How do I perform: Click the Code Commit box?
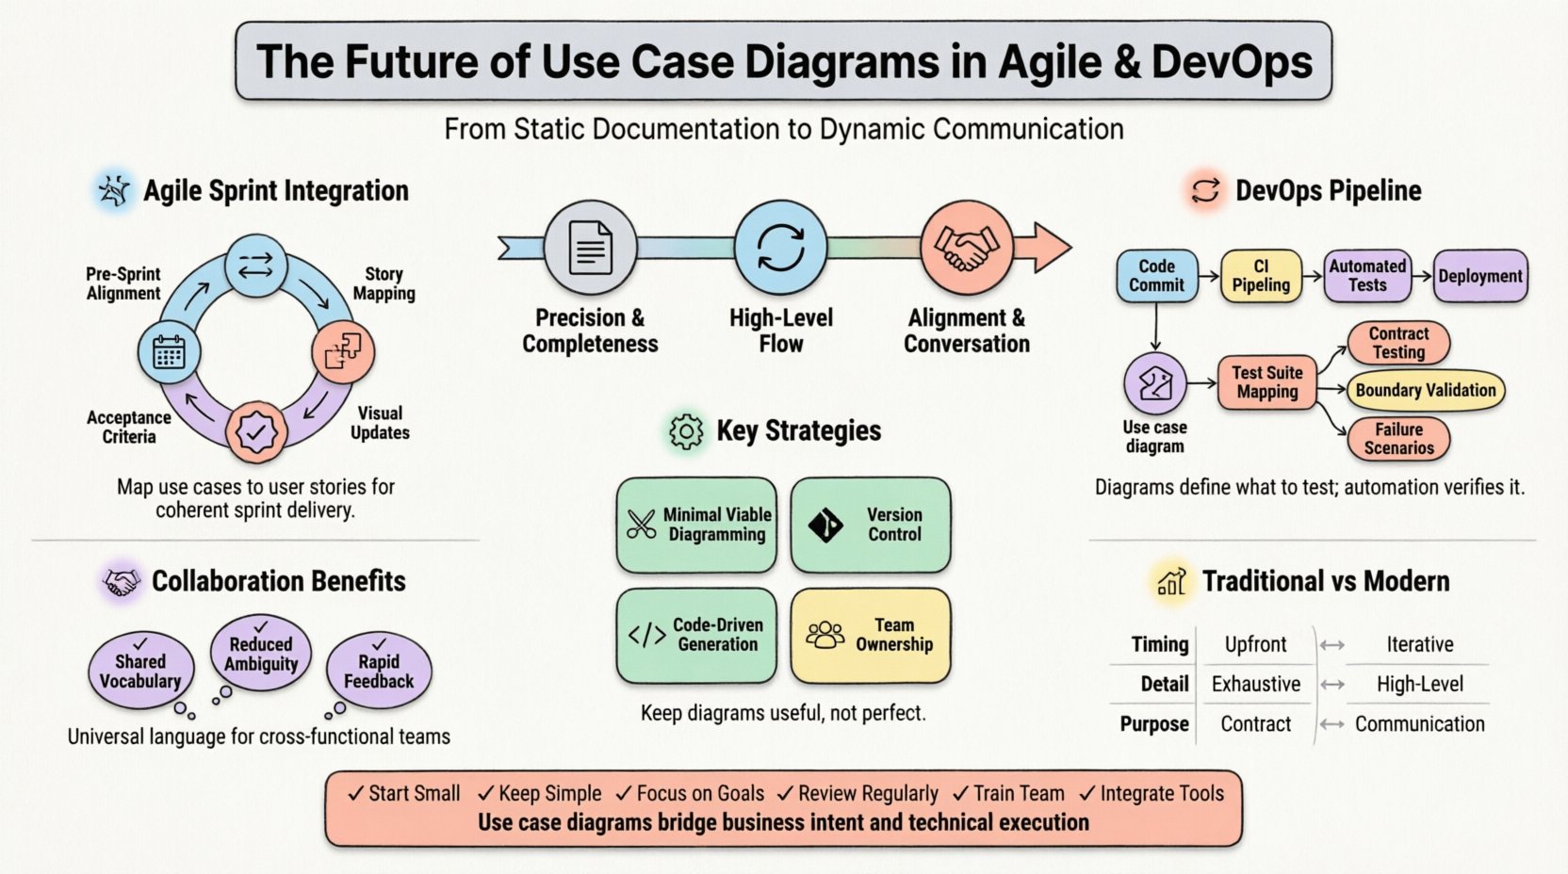pos(1156,276)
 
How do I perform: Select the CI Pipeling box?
pos(1260,276)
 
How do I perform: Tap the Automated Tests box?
pos(1366,276)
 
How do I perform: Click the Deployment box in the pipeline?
pos(1479,276)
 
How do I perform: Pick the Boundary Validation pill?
pos(1425,390)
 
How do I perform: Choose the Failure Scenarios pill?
pos(1398,439)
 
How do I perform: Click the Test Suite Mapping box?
pos(1266,382)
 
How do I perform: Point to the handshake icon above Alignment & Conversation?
pos(966,248)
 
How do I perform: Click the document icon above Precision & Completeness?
pos(591,248)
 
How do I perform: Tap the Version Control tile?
pos(870,525)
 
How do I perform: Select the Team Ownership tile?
pos(870,635)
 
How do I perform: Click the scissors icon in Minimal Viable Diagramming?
pos(642,524)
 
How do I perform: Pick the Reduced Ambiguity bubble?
pos(261,654)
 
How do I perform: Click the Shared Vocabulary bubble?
pos(140,671)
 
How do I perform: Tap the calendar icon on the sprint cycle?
pos(169,352)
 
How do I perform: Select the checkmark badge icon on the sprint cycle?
pos(256,432)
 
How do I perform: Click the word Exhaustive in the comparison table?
pos(1255,684)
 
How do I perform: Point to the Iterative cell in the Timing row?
pos(1419,644)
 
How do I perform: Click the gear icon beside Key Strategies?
pos(686,431)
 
